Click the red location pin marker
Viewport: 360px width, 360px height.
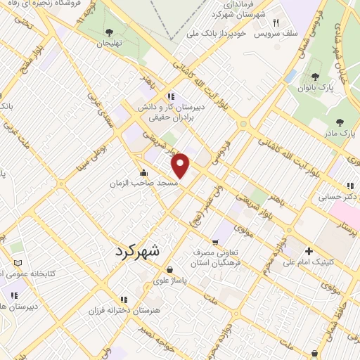pos(181,165)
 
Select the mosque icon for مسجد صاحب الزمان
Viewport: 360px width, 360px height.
pos(143,172)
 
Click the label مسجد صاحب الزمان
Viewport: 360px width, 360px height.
pos(143,183)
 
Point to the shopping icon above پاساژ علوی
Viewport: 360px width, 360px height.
pos(169,269)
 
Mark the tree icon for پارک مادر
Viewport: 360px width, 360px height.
pos(340,122)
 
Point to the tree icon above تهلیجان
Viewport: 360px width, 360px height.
pos(109,32)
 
